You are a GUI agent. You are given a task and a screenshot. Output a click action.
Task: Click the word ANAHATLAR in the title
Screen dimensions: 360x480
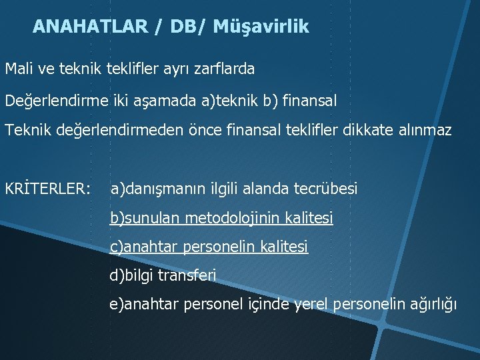click(x=88, y=27)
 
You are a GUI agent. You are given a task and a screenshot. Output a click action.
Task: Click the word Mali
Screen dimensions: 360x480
click(x=21, y=68)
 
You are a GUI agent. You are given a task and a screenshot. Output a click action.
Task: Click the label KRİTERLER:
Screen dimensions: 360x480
click(x=47, y=189)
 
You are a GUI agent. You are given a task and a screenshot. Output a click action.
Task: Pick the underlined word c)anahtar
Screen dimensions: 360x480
click(x=144, y=247)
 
